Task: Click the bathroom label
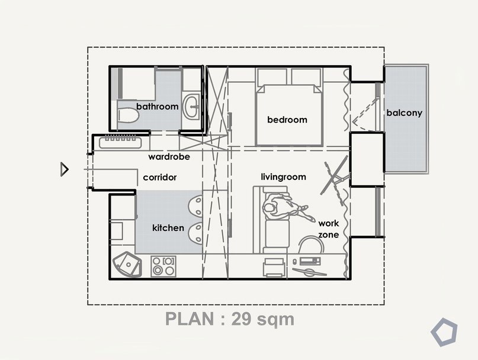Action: coord(158,107)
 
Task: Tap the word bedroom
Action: coord(287,120)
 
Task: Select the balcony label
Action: coord(404,112)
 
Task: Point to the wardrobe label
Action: coord(169,157)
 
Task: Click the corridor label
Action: coord(160,177)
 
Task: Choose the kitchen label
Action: coord(168,228)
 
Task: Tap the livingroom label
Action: coord(284,177)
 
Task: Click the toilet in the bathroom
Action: coord(128,115)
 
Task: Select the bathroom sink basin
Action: coord(191,106)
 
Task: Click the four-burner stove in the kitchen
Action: coord(163,266)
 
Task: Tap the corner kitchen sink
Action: coord(127,264)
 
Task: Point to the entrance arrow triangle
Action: coord(65,169)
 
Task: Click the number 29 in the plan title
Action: coord(242,319)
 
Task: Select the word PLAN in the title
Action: coord(190,319)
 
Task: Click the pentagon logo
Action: coord(444,332)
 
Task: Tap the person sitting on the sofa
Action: coord(285,209)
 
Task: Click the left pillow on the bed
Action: coord(272,76)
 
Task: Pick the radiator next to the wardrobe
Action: coord(120,142)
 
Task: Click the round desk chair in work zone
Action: coord(310,245)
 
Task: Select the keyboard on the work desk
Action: coord(310,261)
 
